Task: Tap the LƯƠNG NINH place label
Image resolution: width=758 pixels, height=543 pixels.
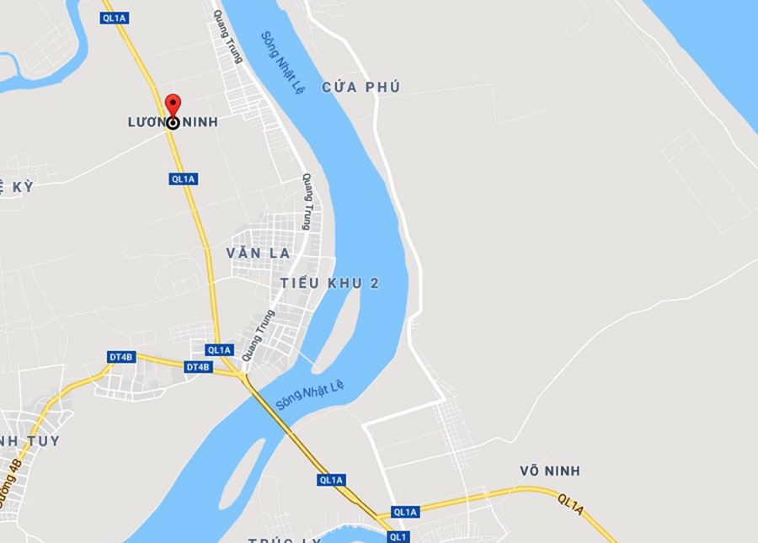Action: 173,123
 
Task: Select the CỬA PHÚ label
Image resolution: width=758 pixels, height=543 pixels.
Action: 360,88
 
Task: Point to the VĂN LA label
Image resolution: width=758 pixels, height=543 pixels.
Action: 258,253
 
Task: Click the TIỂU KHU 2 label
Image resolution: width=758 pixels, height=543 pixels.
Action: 329,284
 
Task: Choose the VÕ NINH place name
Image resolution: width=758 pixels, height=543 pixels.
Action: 550,471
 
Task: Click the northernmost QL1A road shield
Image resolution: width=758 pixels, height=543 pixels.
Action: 113,19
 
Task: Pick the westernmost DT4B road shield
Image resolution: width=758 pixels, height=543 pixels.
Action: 121,357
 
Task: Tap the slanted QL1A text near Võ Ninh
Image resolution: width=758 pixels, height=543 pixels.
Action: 570,505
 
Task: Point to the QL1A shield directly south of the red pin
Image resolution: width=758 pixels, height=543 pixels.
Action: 183,178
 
